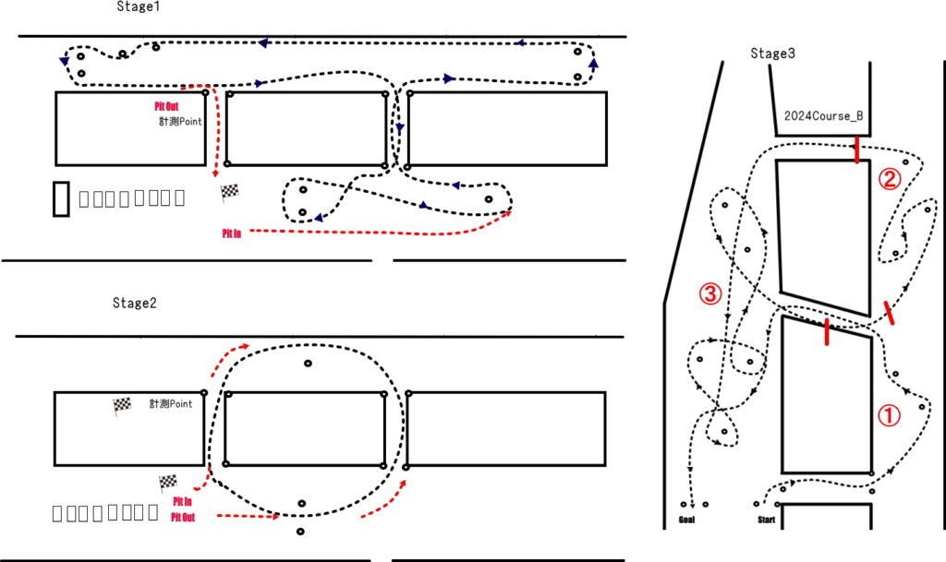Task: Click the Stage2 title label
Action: point(136,303)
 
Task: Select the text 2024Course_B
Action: point(823,117)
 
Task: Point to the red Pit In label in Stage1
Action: point(232,234)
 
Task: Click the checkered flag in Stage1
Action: point(229,192)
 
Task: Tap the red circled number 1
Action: point(888,416)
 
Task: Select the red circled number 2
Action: point(888,179)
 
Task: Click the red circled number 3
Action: point(709,294)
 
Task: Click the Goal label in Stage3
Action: point(686,520)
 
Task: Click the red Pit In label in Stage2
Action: point(182,501)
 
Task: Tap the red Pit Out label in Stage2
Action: point(182,516)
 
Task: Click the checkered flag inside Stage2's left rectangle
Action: point(121,405)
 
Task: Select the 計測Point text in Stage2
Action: point(171,404)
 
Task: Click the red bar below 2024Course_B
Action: point(857,149)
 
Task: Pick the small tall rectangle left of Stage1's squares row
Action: point(61,198)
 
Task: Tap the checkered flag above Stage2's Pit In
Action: point(167,483)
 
